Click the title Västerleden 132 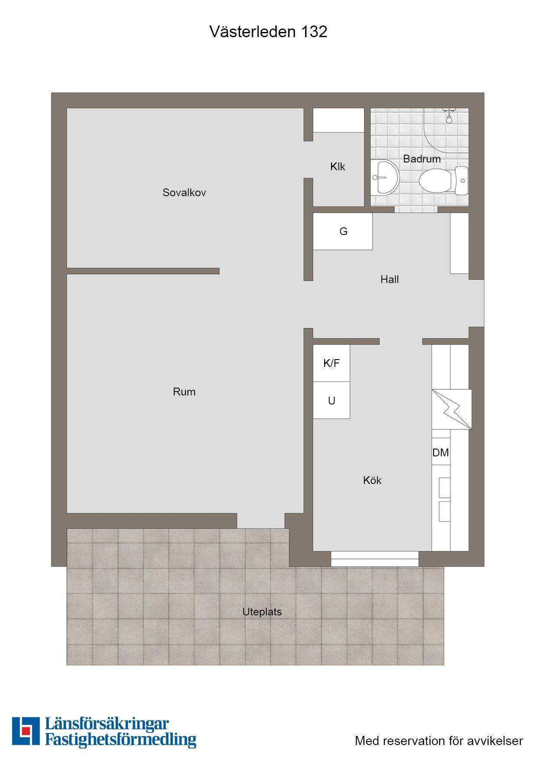268,32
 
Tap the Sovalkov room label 184,193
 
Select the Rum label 184,392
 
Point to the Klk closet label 338,167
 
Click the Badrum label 422,159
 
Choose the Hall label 389,280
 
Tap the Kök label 372,480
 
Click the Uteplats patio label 262,612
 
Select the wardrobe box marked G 343,231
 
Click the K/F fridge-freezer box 332,363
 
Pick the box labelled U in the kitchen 332,400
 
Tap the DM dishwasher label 440,452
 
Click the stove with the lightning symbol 452,410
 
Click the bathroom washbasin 384,177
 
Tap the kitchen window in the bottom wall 375,559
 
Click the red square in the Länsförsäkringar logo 27,730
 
